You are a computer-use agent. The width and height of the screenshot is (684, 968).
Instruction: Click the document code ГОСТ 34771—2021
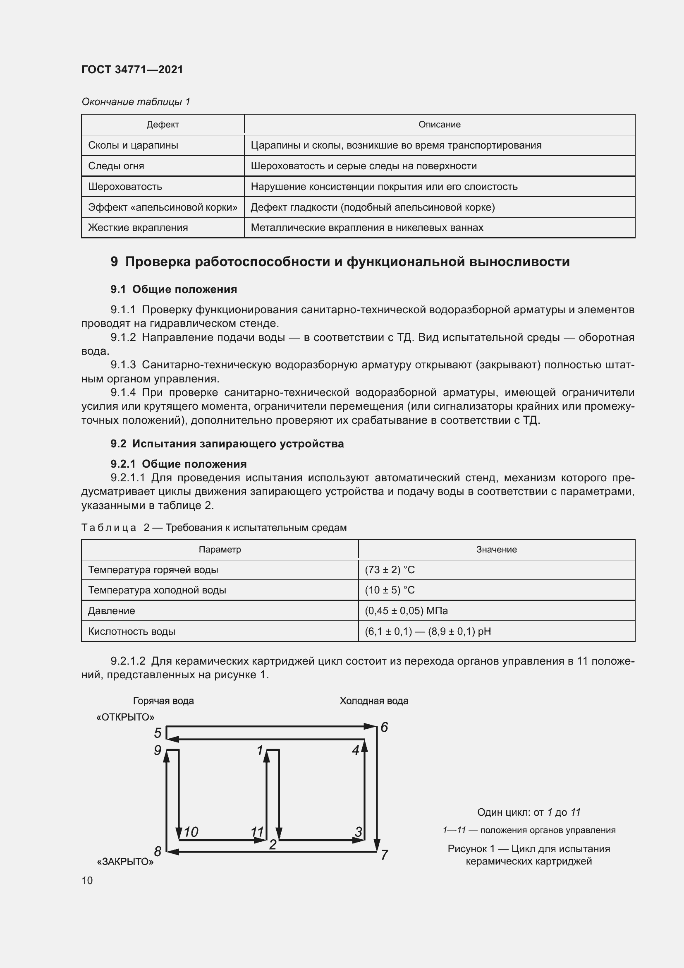click(132, 70)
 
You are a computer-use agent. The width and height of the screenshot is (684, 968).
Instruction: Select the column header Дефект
click(163, 125)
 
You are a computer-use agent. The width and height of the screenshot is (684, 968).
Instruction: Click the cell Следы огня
click(116, 166)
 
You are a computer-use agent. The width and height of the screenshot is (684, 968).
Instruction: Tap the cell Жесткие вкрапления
click(138, 228)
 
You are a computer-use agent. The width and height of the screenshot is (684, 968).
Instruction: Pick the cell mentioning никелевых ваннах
click(367, 228)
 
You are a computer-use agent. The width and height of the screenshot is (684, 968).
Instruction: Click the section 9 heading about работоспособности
click(340, 262)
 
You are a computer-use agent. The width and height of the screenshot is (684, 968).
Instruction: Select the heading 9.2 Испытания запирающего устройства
click(227, 444)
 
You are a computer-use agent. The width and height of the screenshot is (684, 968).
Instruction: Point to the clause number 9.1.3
click(123, 365)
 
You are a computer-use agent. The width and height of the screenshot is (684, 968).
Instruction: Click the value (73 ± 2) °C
click(390, 569)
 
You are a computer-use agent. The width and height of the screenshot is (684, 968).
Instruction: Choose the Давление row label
click(112, 610)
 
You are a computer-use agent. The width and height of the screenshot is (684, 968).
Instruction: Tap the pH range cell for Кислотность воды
click(428, 631)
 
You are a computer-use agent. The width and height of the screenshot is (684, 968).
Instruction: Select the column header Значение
click(496, 549)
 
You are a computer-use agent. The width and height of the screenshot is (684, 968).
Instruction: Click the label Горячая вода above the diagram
click(163, 701)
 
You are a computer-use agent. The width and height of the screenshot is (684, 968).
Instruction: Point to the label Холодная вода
click(373, 701)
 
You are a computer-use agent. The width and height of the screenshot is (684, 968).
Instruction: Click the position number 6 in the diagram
click(384, 727)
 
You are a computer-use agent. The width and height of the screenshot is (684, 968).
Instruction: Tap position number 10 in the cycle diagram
click(191, 832)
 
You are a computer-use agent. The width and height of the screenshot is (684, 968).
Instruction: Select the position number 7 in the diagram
click(384, 855)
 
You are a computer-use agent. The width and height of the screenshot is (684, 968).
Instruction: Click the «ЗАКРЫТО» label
click(125, 862)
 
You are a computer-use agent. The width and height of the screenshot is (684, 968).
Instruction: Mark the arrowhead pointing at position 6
click(370, 726)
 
